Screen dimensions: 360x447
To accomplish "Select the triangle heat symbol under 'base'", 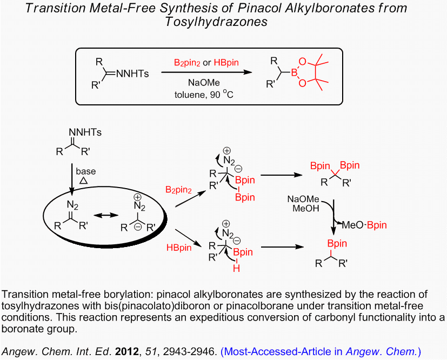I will pyautogui.click(x=84, y=182).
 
